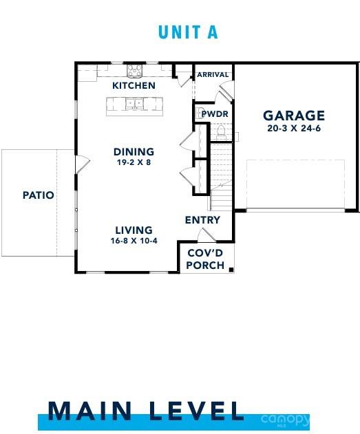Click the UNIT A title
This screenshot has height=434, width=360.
tap(187, 32)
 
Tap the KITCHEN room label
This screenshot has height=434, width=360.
tap(134, 86)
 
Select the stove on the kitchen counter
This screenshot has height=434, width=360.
tap(134, 69)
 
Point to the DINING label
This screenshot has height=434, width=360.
tap(134, 152)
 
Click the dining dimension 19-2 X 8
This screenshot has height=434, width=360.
tap(134, 163)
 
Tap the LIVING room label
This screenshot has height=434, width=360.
tap(134, 230)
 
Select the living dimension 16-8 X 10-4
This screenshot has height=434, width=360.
tap(134, 241)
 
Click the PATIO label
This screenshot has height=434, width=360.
tap(39, 195)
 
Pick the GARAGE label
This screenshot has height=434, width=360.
tap(294, 116)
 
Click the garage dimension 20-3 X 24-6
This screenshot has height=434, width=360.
tap(294, 128)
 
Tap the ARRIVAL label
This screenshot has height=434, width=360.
tap(213, 74)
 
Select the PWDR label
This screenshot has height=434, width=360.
tap(214, 114)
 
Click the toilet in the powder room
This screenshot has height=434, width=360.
tap(222, 131)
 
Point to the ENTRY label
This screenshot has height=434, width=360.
tap(202, 220)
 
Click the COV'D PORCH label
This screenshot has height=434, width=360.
tap(206, 259)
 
